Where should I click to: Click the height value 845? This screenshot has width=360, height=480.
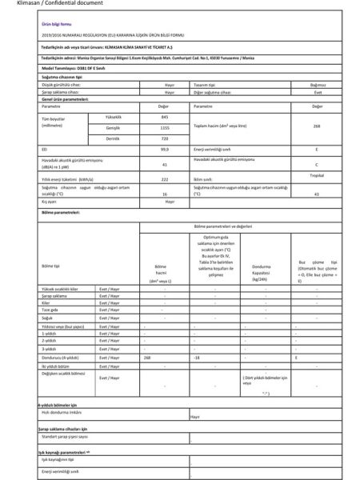[x=164, y=118]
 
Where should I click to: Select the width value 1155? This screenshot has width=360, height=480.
[x=164, y=128]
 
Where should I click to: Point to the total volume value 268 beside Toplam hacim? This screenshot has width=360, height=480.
[x=317, y=127]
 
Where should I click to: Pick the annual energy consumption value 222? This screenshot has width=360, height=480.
[x=164, y=180]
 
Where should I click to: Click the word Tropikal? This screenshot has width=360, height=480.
[x=316, y=175]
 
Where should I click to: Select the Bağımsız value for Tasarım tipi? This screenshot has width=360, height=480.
[x=316, y=84]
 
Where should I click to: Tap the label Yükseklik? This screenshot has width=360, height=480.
[x=93, y=118]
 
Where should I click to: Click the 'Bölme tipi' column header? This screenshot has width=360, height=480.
[x=50, y=265]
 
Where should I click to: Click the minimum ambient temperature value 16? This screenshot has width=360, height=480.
[x=164, y=194]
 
